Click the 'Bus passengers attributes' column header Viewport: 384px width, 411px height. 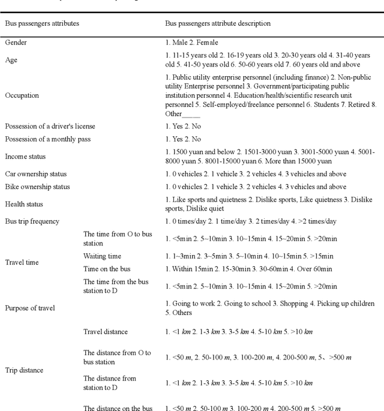pyautogui.click(x=43, y=23)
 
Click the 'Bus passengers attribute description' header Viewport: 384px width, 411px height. pyautogui.click(x=218, y=23)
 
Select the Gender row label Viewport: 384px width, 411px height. pyautogui.click(x=16, y=43)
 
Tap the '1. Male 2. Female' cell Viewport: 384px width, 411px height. pyautogui.click(x=192, y=43)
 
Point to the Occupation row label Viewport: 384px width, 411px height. pyautogui.click(x=22, y=95)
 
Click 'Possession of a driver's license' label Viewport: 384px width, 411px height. pyautogui.click(x=50, y=126)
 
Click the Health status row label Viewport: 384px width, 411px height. pyautogui.click(x=24, y=204)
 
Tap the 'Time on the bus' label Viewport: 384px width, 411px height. pyautogui.click(x=107, y=269)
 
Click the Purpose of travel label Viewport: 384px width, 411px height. pyautogui.click(x=30, y=308)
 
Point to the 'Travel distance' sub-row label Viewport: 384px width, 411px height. pyautogui.click(x=106, y=332)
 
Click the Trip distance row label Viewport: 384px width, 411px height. pyautogui.click(x=25, y=370)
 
